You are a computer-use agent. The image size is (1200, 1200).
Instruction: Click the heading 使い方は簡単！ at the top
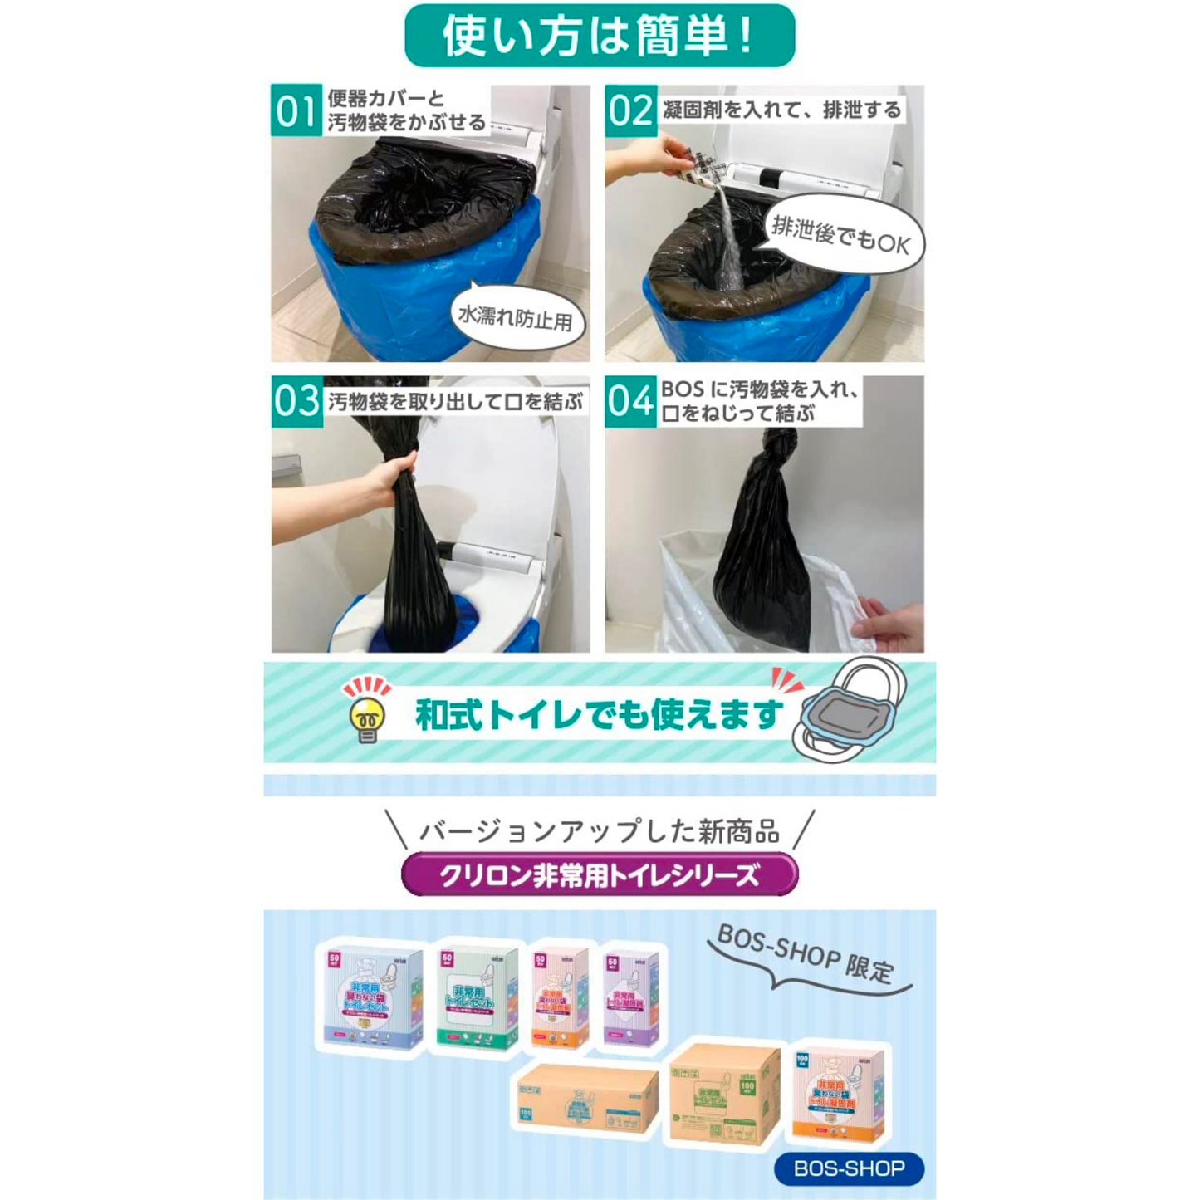(599, 36)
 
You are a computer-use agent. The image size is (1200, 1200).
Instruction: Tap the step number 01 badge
(296, 110)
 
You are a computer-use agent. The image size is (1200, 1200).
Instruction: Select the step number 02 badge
(630, 110)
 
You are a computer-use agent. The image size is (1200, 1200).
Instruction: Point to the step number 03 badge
(296, 401)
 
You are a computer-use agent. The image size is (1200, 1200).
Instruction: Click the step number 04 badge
(630, 402)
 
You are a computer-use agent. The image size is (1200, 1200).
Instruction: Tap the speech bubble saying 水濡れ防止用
(517, 318)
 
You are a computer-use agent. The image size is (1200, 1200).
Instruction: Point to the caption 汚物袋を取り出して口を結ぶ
(455, 402)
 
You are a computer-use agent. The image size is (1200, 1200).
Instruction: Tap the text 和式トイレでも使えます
(599, 714)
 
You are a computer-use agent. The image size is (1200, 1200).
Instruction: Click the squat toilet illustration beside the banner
(851, 708)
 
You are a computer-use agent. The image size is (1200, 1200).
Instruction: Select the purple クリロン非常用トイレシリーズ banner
(599, 875)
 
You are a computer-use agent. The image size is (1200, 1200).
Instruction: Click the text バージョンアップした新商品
(599, 831)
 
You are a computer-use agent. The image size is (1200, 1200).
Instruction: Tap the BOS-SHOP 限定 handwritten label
(804, 955)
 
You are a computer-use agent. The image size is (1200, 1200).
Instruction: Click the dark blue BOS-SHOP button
(849, 1168)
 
